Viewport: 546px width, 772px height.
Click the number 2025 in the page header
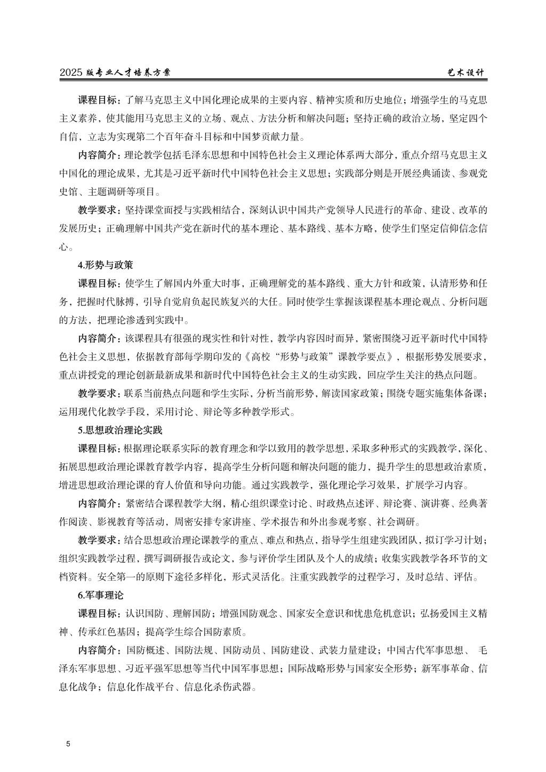[x=71, y=73]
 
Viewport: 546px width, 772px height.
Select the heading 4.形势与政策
[x=106, y=264]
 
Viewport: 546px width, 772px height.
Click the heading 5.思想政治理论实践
[x=120, y=429]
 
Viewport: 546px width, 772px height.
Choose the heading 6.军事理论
[x=101, y=595]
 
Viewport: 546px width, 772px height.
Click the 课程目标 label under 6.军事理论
[x=99, y=613]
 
